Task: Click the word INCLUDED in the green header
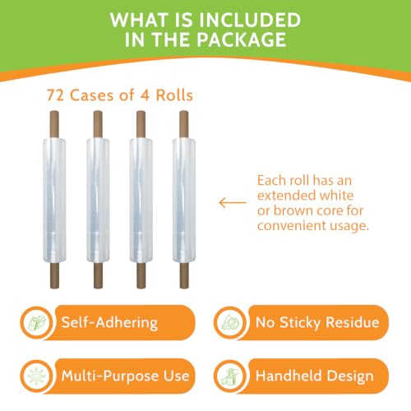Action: (250, 20)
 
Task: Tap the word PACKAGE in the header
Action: (242, 39)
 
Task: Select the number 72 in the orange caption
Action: (56, 95)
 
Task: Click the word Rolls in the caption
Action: (174, 95)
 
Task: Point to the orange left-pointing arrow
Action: (233, 203)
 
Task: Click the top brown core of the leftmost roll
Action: (54, 124)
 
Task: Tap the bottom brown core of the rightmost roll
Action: (184, 275)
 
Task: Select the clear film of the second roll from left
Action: (98, 201)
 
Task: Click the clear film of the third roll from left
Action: (141, 201)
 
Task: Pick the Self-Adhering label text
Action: (109, 322)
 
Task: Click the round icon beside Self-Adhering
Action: (37, 322)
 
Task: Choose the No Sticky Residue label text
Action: (317, 322)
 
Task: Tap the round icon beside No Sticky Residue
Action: (231, 322)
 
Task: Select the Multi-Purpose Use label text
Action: (126, 376)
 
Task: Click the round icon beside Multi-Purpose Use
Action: (37, 376)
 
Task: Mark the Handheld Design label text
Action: (315, 376)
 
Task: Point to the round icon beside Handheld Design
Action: (231, 376)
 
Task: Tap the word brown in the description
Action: (293, 210)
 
